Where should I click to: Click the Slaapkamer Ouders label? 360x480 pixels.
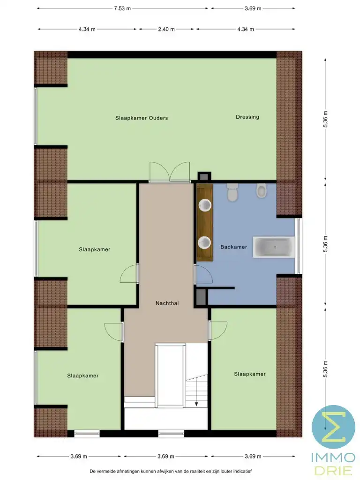pos(142,118)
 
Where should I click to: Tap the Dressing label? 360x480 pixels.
pos(247,117)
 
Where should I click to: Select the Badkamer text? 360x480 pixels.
pos(233,247)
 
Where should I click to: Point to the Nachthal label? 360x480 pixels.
pos(167,303)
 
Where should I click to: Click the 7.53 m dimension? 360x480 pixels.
pos(122,8)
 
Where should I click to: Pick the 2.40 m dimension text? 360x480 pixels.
pos(166,29)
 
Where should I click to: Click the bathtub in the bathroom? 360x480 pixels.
pos(274,247)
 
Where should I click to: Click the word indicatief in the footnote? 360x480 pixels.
pos(240,471)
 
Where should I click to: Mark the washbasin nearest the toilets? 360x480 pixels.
pos(204,205)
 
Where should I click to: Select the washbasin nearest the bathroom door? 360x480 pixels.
pos(204,242)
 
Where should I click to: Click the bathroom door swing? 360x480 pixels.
pos(203,274)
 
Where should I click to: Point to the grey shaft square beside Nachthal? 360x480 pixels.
pos(201,297)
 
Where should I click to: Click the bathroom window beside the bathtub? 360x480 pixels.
pos(299,246)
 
